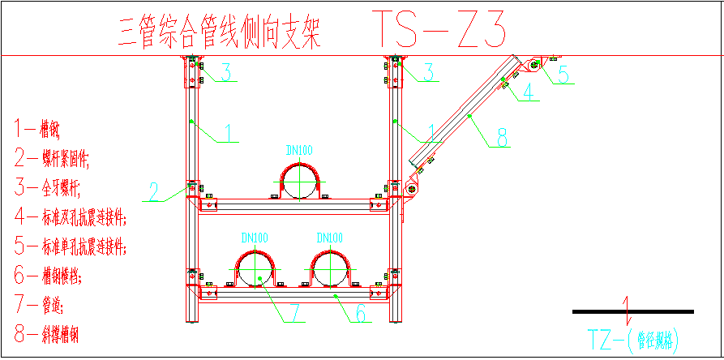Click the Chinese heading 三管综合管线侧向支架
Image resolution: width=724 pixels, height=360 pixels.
point(220,34)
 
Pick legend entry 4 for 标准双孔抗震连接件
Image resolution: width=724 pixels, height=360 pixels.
point(71,218)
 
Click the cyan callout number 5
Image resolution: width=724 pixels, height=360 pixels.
point(563,74)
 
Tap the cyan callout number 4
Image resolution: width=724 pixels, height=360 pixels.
point(529,92)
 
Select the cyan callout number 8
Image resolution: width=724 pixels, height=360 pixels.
point(503,139)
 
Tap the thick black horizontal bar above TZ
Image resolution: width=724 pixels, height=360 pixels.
point(632,311)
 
